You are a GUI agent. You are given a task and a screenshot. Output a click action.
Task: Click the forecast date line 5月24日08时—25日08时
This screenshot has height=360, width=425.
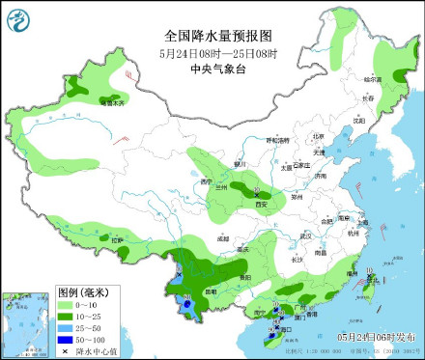[212, 54]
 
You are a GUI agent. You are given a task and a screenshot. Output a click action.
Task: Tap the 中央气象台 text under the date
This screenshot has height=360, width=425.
[212, 69]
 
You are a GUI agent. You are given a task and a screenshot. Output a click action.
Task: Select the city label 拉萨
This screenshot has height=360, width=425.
[117, 239]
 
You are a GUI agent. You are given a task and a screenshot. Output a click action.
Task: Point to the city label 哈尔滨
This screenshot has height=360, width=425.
[372, 78]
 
